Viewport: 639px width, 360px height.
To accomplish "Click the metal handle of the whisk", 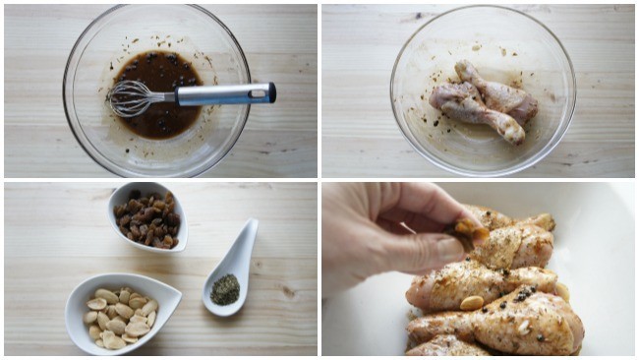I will click(221, 94).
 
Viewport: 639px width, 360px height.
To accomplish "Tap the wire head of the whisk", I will click(133, 97).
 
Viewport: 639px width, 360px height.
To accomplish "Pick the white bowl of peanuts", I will click(122, 313).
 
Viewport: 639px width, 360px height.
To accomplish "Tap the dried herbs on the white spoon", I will click(225, 288).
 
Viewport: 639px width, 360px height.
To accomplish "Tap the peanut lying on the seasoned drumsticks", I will click(473, 302).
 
